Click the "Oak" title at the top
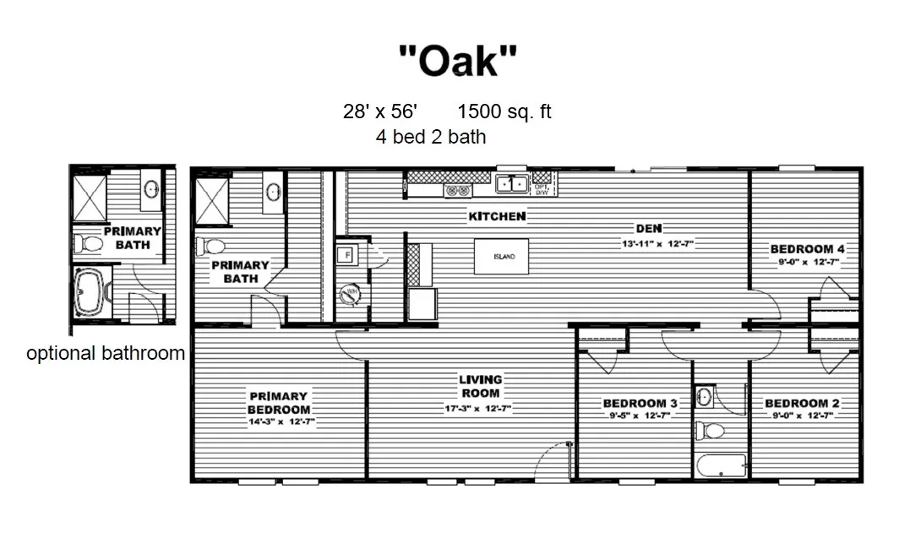click(457, 61)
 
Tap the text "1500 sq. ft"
click(504, 111)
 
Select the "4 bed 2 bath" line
click(431, 136)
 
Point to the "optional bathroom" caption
click(106, 353)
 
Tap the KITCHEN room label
click(497, 216)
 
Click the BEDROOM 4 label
click(808, 249)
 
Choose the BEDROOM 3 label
click(640, 403)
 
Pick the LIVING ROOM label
click(480, 386)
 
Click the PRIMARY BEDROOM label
click(278, 402)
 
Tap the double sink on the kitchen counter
click(512, 183)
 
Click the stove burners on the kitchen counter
click(457, 191)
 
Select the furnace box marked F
click(346, 256)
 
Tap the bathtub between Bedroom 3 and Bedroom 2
click(721, 464)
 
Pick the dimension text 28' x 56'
click(380, 111)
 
